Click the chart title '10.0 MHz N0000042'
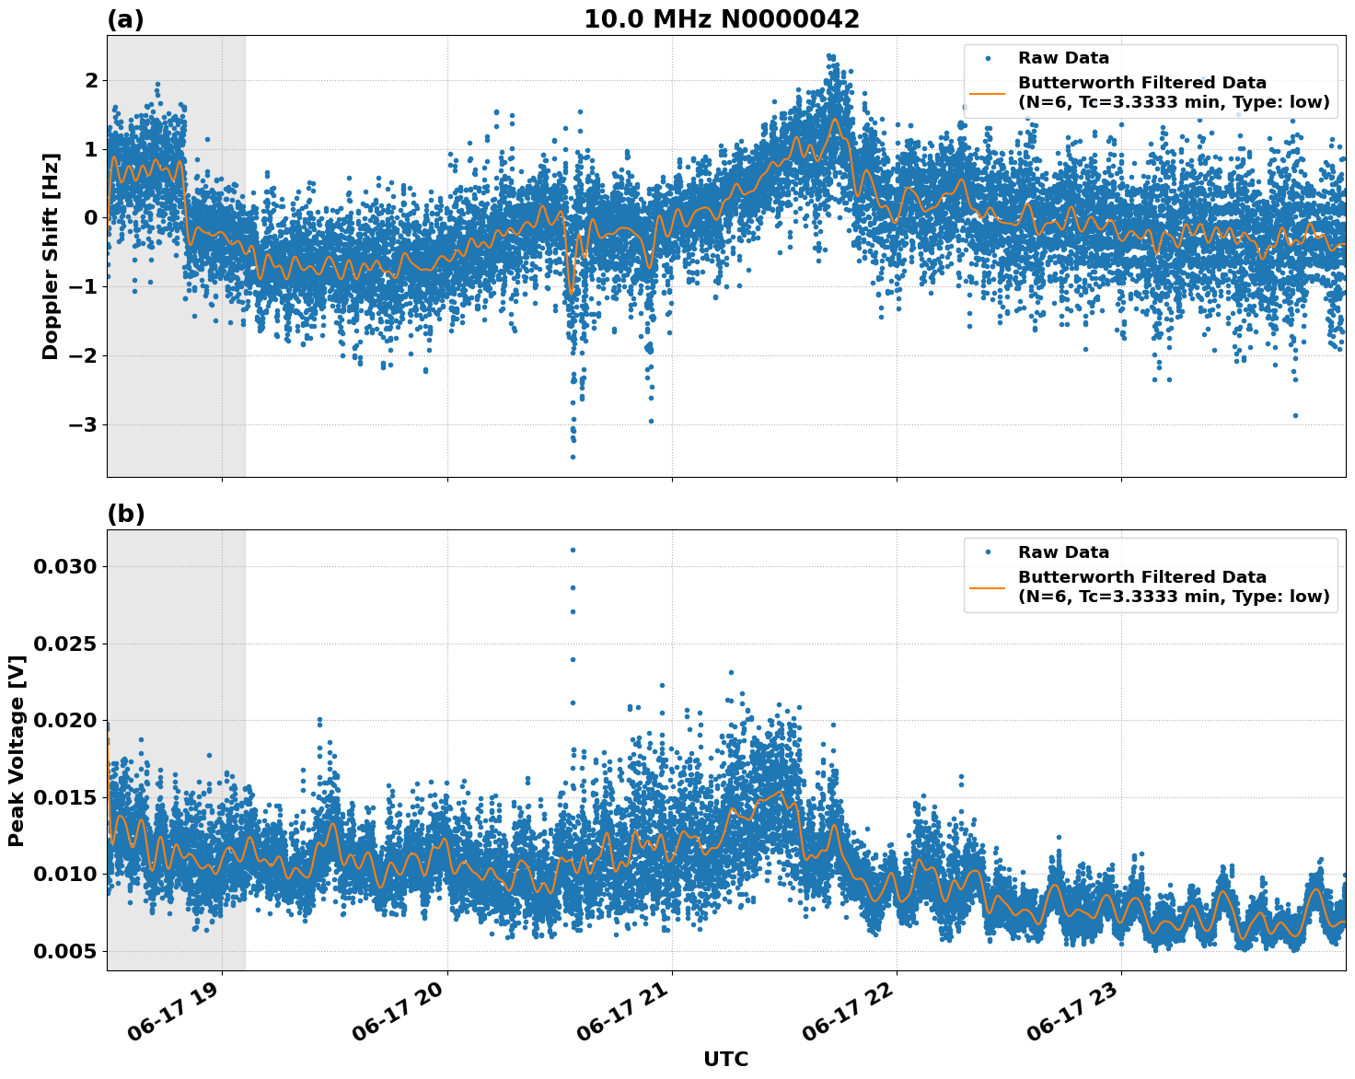(x=721, y=19)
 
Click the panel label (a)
(x=125, y=19)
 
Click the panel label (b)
(x=125, y=514)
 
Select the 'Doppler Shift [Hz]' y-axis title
(x=51, y=256)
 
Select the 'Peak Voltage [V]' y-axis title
(x=17, y=750)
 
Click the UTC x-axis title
(x=725, y=1059)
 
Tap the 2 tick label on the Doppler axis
(x=91, y=81)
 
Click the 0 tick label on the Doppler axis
(x=91, y=218)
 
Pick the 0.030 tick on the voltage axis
(x=64, y=566)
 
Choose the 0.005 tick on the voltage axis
(x=64, y=951)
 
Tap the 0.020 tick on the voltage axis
(x=64, y=720)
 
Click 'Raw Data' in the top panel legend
(x=1063, y=59)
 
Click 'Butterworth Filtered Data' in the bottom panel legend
(x=1141, y=577)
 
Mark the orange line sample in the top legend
(x=987, y=93)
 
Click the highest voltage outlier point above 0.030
(x=573, y=550)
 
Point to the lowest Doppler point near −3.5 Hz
(x=573, y=457)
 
